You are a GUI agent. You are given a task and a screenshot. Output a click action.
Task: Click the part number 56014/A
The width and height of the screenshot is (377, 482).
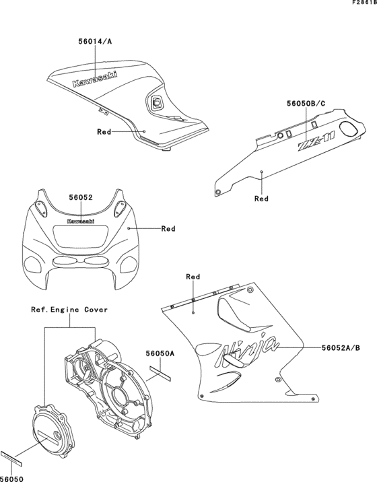94,42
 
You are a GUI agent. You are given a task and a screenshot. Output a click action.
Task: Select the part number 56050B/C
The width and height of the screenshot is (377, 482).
306,104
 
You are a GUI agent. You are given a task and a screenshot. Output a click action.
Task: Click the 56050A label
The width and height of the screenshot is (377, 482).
160,353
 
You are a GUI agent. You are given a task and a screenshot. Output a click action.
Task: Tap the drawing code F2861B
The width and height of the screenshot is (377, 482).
360,4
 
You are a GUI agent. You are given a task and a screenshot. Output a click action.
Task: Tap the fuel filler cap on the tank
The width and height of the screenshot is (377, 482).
158,102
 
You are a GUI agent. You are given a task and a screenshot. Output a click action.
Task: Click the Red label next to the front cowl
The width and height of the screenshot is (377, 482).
168,229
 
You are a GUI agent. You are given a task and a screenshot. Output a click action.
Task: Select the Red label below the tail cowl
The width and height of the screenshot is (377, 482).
261,199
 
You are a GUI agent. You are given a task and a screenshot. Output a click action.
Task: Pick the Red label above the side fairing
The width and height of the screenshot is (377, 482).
193,277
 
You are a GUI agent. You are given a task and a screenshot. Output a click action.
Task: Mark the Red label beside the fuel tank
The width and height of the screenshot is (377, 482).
104,132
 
